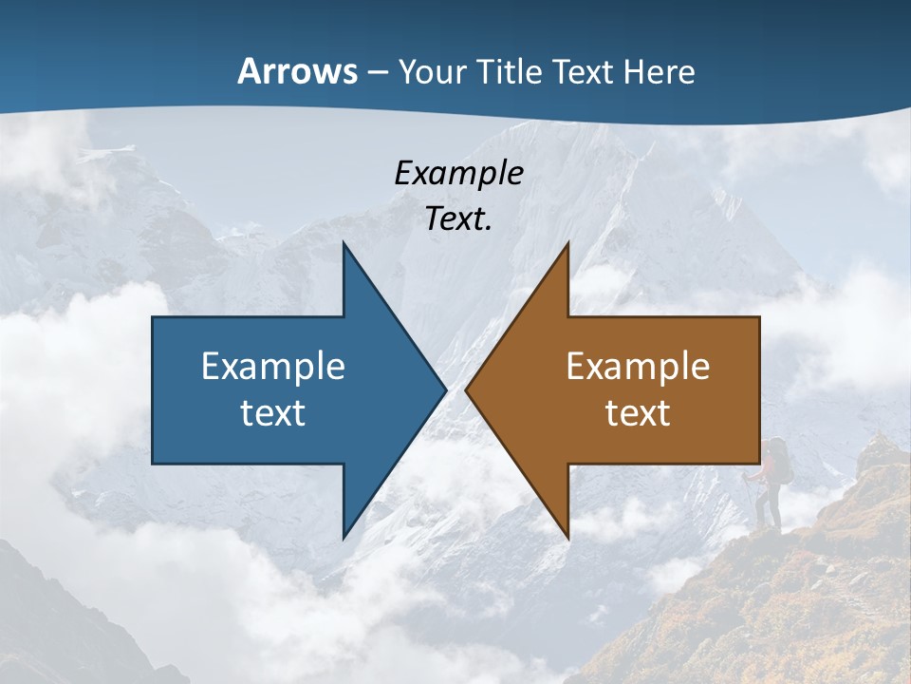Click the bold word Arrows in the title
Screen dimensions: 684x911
tap(297, 71)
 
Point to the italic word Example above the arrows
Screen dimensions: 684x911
tap(458, 174)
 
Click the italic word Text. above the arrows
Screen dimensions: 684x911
tap(458, 218)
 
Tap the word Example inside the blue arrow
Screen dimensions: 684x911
tap(273, 367)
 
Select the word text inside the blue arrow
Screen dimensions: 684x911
tap(273, 413)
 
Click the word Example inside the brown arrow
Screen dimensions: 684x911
tap(638, 367)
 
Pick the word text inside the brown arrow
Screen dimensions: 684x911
tap(638, 413)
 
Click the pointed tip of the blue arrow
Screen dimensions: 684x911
tap(445, 389)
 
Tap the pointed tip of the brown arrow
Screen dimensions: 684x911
tap(466, 389)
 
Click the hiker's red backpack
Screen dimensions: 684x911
tap(780, 462)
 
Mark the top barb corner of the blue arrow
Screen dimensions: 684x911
tap(344, 243)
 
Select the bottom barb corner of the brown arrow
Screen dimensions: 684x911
tap(567, 538)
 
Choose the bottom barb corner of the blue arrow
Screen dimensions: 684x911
tap(344, 538)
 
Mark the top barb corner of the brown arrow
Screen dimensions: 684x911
tap(567, 243)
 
